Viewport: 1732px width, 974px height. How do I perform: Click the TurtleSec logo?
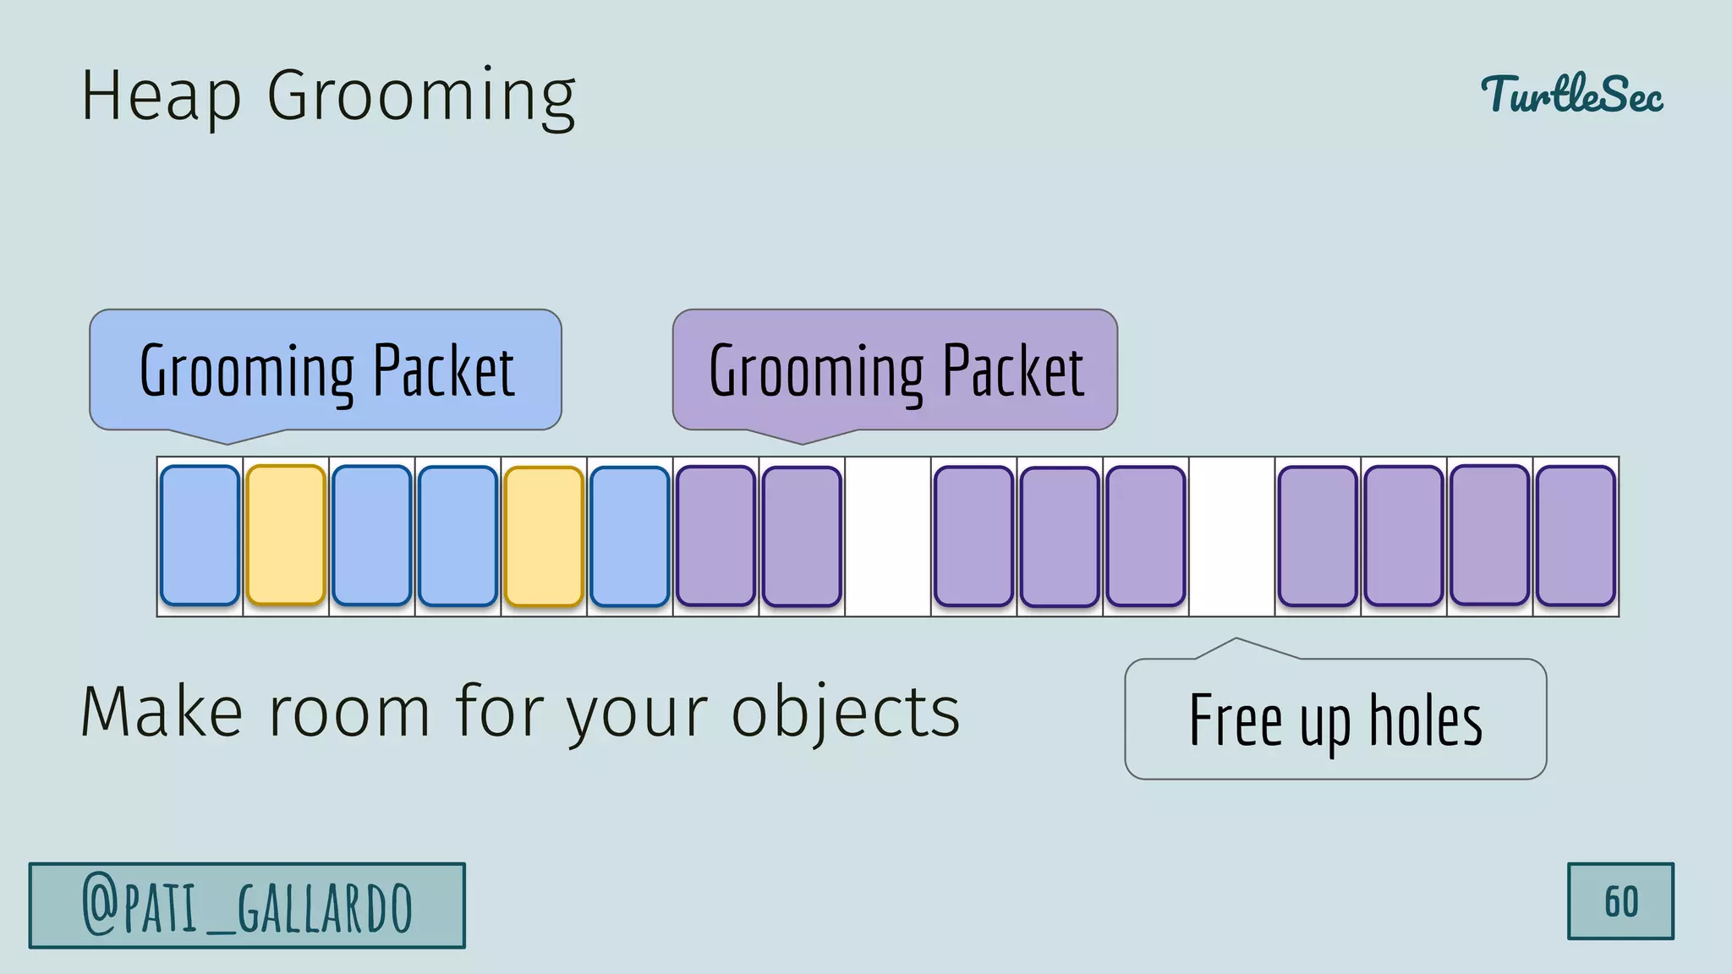[x=1571, y=94]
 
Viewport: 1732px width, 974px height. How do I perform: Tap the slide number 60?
[x=1620, y=901]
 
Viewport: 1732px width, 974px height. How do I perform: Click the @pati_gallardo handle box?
[x=247, y=906]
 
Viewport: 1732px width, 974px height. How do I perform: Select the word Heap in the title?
[x=161, y=97]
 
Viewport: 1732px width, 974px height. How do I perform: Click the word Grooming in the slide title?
[x=421, y=97]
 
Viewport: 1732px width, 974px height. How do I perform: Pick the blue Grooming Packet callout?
[x=326, y=369]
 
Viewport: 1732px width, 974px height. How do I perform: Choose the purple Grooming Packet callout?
[x=895, y=369]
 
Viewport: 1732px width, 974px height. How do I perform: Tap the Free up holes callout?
[x=1335, y=719]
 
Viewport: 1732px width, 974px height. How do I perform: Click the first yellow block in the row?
[x=286, y=535]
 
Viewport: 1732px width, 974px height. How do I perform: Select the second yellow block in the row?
[x=544, y=536]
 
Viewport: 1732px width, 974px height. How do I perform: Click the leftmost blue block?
[x=200, y=535]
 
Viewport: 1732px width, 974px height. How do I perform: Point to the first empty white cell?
[x=888, y=536]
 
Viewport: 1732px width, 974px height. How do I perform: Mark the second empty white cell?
[x=1231, y=536]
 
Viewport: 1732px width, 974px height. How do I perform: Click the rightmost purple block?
[x=1576, y=536]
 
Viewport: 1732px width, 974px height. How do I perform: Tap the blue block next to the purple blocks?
[x=630, y=536]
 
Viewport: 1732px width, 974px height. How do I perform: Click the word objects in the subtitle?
[x=846, y=712]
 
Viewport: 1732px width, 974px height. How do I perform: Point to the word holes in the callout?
[x=1426, y=720]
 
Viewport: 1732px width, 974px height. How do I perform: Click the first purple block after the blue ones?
[x=715, y=536]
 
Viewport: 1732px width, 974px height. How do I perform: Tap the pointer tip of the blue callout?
[x=227, y=442]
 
